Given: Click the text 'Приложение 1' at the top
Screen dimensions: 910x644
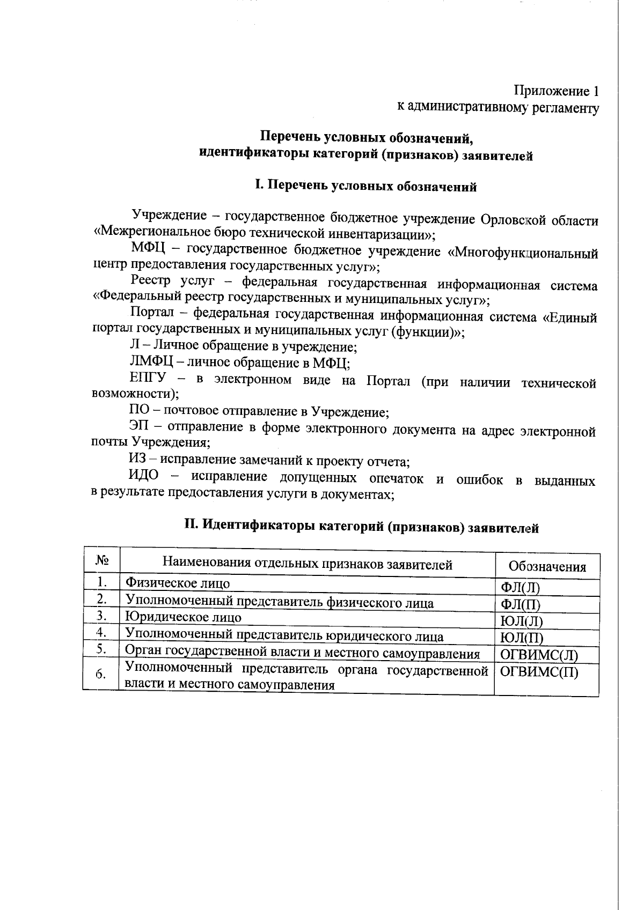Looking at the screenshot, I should (x=556, y=90).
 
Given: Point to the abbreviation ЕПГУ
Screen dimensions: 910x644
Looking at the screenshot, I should (x=148, y=379).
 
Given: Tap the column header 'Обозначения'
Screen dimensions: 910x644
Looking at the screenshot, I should (x=547, y=567).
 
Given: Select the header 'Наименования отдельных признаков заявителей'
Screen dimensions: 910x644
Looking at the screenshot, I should (x=307, y=564).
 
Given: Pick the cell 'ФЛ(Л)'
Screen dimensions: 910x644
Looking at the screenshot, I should (x=519, y=587).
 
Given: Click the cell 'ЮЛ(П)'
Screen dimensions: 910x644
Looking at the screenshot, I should (x=522, y=638).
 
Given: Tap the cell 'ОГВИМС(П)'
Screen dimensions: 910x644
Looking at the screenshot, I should (x=539, y=672).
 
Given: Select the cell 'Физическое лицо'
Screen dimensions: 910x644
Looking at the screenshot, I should (x=178, y=583).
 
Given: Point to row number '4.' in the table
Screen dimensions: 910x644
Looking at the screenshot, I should (x=101, y=633).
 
